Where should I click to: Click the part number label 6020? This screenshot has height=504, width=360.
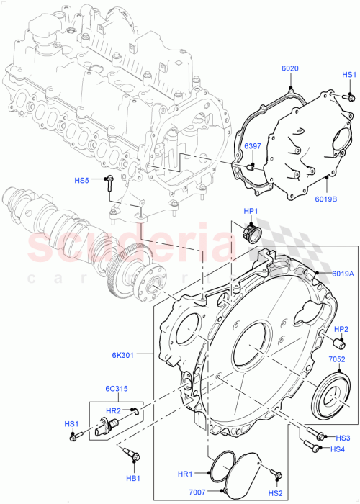289,70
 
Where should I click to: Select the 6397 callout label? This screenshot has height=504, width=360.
253,147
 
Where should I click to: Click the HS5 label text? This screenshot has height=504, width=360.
84,180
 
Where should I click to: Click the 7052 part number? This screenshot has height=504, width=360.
338,359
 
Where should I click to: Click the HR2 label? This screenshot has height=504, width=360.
113,410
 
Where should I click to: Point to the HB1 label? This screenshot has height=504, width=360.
134,477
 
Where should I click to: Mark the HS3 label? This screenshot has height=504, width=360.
343,438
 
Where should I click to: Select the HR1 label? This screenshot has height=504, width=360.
185,474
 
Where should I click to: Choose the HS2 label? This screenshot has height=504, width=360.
276,493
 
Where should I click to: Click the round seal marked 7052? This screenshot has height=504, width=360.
333,394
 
